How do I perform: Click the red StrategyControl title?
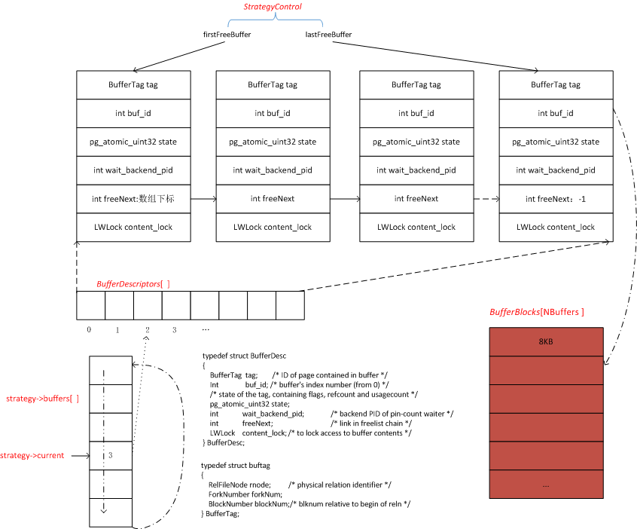click(x=273, y=7)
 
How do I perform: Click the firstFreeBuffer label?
click(x=227, y=35)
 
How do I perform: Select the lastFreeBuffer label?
click(x=328, y=35)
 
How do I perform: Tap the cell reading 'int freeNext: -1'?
click(x=555, y=199)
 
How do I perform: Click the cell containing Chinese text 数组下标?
click(x=133, y=199)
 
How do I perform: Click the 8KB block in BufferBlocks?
click(x=546, y=341)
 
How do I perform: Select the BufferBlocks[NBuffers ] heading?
click(x=537, y=312)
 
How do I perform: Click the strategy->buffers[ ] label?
click(x=42, y=397)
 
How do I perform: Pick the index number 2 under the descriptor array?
click(x=147, y=330)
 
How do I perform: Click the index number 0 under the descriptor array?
click(x=89, y=330)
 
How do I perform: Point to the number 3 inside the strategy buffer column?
click(x=110, y=455)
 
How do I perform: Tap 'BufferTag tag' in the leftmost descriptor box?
click(x=133, y=85)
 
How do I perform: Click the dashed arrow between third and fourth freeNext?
click(x=486, y=199)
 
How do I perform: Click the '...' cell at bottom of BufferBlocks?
click(x=546, y=486)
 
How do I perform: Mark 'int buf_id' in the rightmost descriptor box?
click(x=555, y=113)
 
